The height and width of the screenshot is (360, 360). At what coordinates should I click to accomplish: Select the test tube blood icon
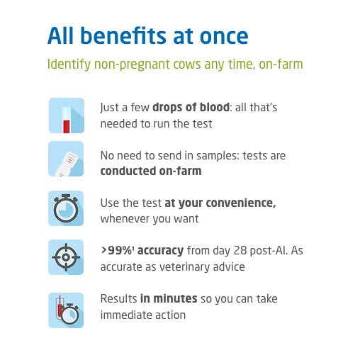pos(66,116)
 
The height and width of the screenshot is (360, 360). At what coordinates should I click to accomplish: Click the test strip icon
pos(66,159)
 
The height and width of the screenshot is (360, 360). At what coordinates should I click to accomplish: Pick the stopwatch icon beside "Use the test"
pos(66,208)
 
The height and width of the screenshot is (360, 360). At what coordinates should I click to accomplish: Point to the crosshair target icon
pos(66,257)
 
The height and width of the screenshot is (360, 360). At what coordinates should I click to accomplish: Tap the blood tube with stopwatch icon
pos(66,310)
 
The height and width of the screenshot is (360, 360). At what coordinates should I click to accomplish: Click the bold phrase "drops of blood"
pos(186,108)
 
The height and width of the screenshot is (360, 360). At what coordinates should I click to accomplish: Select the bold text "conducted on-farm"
pos(150,171)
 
